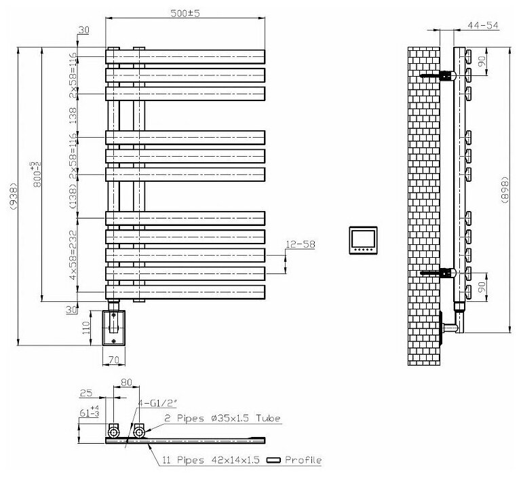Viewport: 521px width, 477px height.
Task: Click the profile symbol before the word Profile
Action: [275, 461]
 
